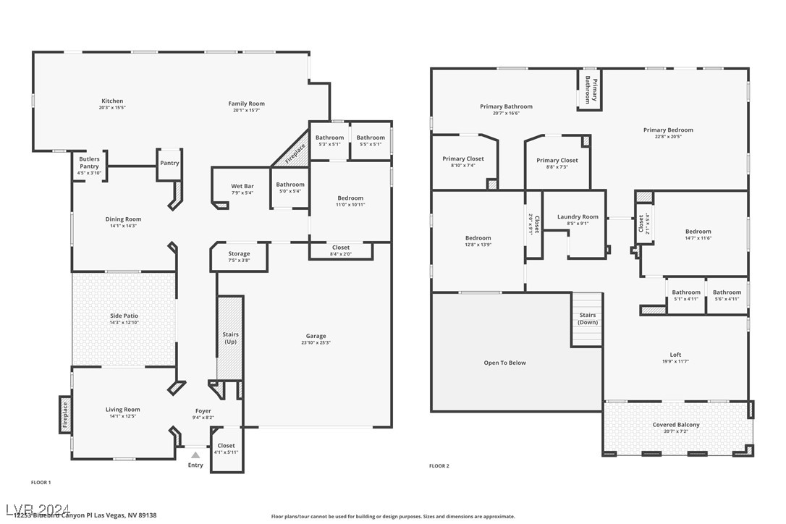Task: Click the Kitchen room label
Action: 112,101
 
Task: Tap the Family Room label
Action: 246,103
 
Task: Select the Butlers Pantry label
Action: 89,161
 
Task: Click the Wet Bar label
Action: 242,186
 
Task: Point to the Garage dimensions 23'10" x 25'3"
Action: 316,343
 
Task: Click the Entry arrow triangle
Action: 195,455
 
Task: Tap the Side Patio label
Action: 124,316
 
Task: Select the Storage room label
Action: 239,253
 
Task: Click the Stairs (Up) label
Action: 230,337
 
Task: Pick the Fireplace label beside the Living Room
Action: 65,415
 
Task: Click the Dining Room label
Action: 123,219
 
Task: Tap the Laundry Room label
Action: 578,216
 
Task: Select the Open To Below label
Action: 504,363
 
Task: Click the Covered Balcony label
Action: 675,425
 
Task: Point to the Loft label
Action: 675,355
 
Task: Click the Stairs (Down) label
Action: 588,318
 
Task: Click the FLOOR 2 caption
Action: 439,466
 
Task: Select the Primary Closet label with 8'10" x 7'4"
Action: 462,159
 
